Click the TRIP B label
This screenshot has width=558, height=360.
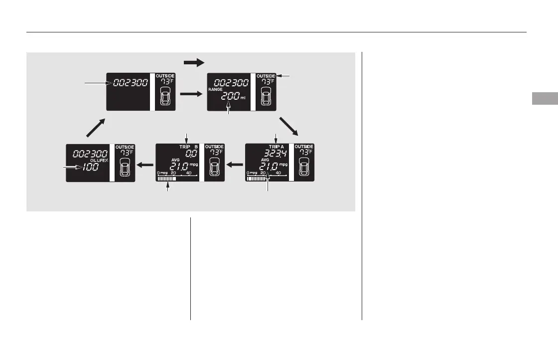pyautogui.click(x=189, y=147)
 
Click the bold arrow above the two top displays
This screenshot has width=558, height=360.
pyautogui.click(x=194, y=62)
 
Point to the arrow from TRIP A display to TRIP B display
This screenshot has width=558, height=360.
pyautogui.click(x=235, y=164)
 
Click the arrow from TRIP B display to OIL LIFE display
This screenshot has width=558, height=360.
pyautogui.click(x=145, y=164)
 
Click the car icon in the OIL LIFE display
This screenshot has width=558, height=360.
pyautogui.click(x=124, y=168)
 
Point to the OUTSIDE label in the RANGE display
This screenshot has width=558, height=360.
pyautogui.click(x=266, y=76)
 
